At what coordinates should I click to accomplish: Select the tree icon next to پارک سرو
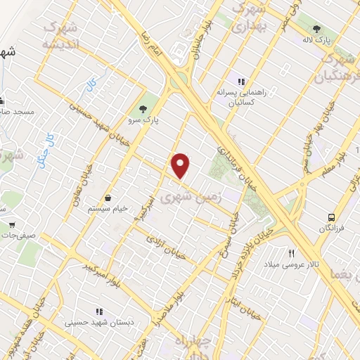(143, 108)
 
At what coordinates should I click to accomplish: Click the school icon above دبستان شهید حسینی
(98, 311)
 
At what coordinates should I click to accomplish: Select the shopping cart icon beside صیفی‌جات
(11, 225)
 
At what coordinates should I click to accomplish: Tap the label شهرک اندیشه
(64, 36)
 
